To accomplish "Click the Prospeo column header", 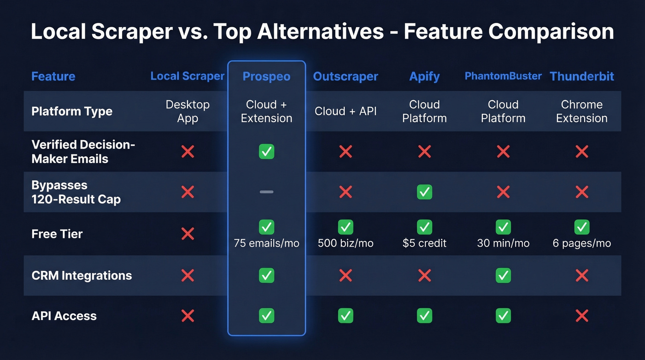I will click(266, 77).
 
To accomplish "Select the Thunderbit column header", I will click(582, 77).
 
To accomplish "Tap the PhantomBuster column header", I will click(503, 76).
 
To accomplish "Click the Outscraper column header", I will click(346, 77).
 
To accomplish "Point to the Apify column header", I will click(424, 77).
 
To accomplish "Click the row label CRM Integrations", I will click(82, 276).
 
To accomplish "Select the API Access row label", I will click(64, 316).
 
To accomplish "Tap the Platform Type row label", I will click(72, 111).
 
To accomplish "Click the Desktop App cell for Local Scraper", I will click(188, 111).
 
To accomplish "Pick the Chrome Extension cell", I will click(582, 111).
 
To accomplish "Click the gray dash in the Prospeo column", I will click(266, 192).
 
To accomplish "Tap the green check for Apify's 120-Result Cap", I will click(424, 192).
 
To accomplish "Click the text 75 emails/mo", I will click(266, 243).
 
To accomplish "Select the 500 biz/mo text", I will click(346, 243).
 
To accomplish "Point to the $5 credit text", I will click(424, 243).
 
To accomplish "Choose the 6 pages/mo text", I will click(582, 243).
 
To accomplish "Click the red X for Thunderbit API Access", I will click(582, 316).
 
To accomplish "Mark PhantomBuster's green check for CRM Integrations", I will click(503, 276).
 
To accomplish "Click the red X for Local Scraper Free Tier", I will click(188, 234).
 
